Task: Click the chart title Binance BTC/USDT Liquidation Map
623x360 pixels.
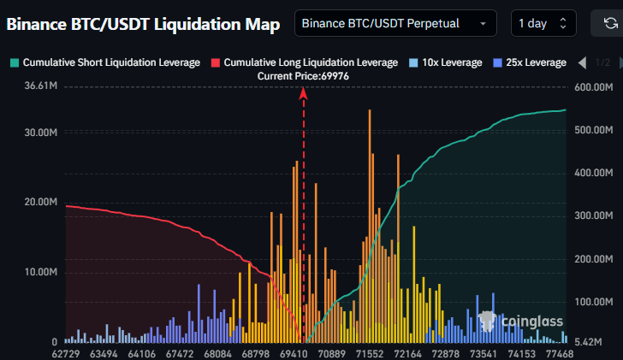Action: click(x=143, y=25)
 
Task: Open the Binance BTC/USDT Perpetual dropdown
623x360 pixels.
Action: click(x=395, y=24)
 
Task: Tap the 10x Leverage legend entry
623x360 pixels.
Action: click(x=445, y=62)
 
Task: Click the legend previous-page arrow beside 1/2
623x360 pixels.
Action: click(x=582, y=63)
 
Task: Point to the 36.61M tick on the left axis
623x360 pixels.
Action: click(x=41, y=87)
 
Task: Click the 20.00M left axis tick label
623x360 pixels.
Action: click(x=41, y=203)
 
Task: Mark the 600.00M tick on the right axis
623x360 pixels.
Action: click(x=594, y=87)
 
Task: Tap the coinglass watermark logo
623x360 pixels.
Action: click(x=521, y=322)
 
